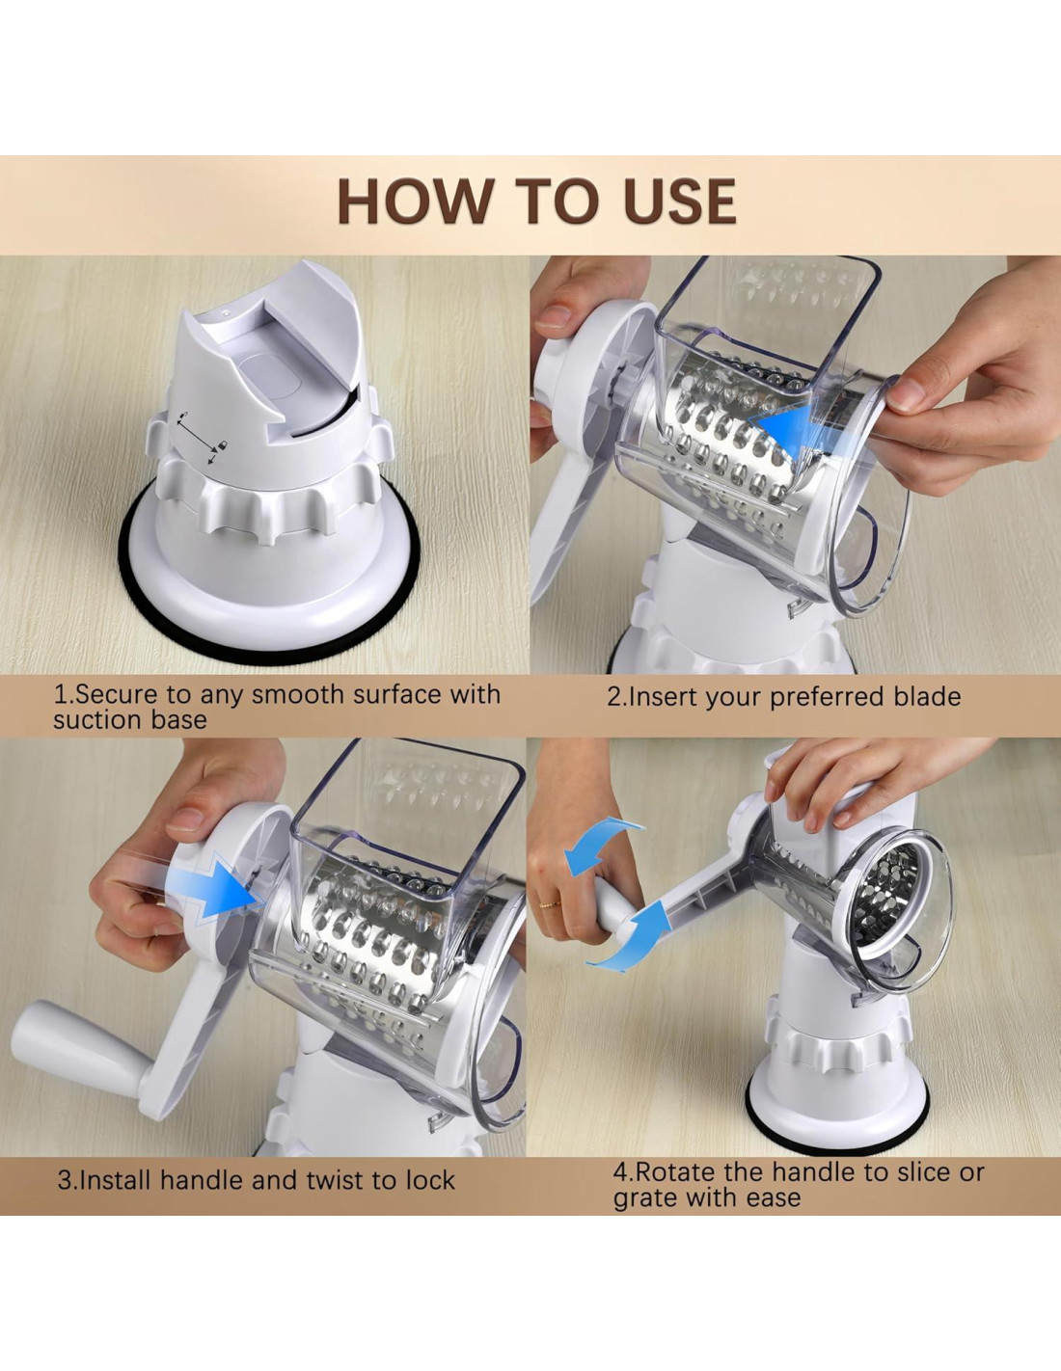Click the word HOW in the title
coord(415,201)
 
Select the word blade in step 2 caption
coord(927,696)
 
